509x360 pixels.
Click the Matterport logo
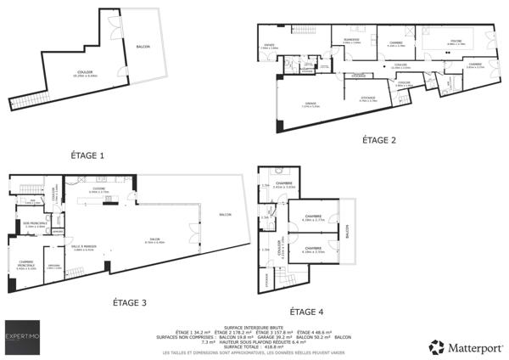(x=467, y=346)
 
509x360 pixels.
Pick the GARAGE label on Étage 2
(x=310, y=104)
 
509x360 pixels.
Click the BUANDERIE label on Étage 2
(x=351, y=40)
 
